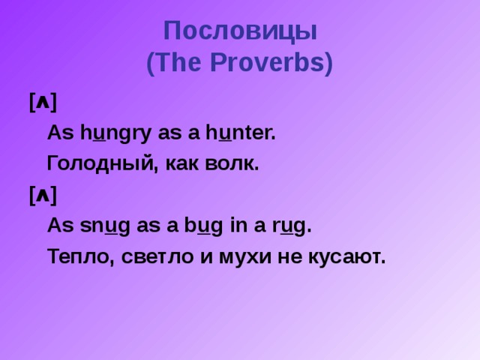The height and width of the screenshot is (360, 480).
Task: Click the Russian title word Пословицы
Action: [240, 32]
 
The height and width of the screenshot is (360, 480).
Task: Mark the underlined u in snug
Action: [110, 226]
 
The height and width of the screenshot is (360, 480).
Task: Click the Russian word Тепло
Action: [76, 257]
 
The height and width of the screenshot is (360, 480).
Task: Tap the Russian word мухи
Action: [246, 257]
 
